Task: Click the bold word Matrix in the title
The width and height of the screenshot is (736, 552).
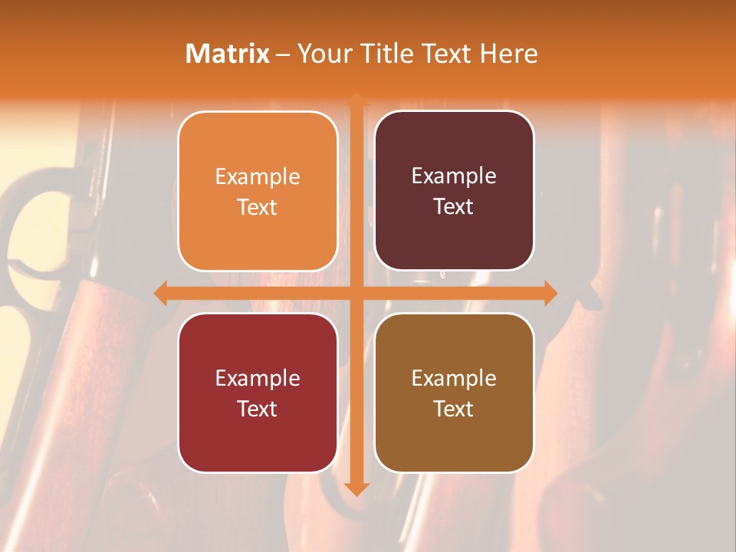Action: point(228,54)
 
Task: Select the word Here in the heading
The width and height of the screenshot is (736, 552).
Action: point(509,54)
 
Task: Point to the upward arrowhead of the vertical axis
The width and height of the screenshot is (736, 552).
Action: point(356,100)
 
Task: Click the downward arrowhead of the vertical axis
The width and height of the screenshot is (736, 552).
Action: point(356,488)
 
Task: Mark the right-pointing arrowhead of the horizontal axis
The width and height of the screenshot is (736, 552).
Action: point(550,294)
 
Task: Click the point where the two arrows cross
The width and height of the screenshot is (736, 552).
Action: point(356,294)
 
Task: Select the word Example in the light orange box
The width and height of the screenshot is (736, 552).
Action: point(258,177)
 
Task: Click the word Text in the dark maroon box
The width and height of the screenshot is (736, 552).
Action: point(454,207)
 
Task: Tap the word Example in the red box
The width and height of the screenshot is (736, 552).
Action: point(258,379)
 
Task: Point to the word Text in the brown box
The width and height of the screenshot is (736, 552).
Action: point(454,409)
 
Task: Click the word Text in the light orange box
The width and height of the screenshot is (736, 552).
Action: point(258,207)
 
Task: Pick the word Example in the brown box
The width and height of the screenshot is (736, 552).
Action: point(454,379)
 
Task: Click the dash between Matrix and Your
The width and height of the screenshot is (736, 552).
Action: point(283,54)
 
